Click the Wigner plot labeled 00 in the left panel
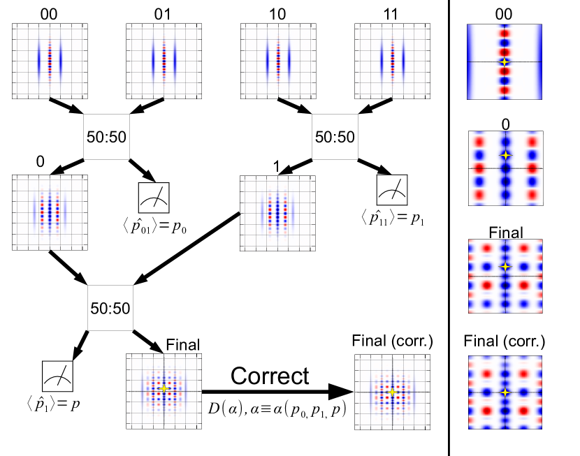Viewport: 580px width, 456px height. click(x=50, y=61)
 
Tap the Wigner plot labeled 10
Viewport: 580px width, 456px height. click(x=277, y=61)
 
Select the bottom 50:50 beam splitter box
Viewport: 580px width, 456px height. click(x=108, y=306)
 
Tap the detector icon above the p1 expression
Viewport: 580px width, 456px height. click(x=392, y=189)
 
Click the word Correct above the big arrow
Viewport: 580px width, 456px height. click(x=270, y=376)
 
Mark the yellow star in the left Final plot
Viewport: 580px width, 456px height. click(x=164, y=389)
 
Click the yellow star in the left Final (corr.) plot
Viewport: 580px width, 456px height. click(x=393, y=392)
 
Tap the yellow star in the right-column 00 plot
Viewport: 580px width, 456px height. click(x=505, y=62)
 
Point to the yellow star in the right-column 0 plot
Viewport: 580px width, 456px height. click(x=505, y=154)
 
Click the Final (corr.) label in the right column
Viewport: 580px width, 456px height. click(x=505, y=342)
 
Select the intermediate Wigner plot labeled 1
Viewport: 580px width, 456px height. click(x=277, y=212)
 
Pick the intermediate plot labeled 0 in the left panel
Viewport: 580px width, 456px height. click(x=50, y=212)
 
